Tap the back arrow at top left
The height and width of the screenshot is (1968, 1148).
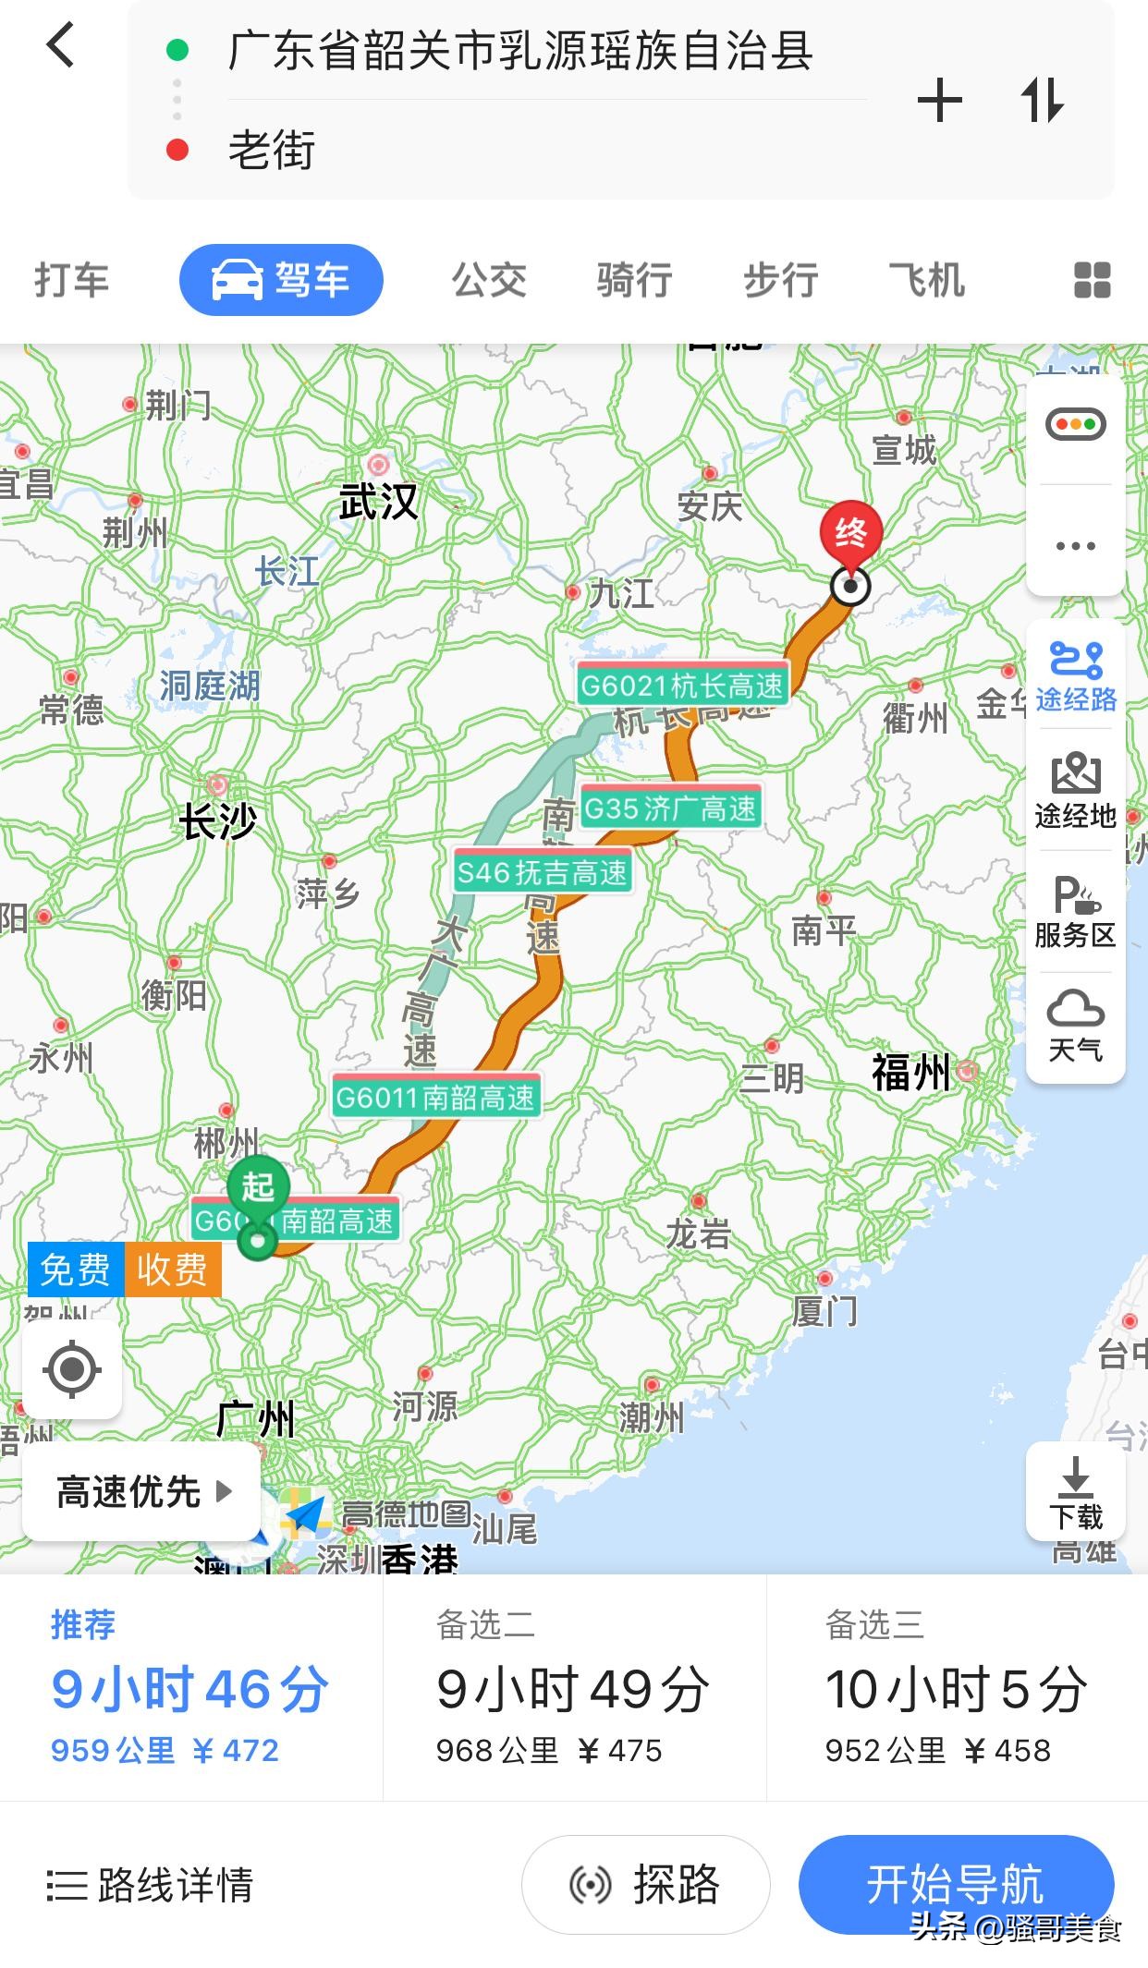(x=61, y=46)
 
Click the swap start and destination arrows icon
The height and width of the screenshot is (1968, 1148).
(x=1043, y=101)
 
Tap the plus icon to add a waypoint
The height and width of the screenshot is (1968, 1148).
(x=940, y=101)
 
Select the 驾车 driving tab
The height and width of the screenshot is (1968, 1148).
(x=281, y=280)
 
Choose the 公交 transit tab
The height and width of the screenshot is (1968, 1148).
(x=489, y=280)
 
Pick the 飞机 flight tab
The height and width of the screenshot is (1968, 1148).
(x=926, y=280)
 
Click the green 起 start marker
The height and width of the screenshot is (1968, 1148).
(x=258, y=1187)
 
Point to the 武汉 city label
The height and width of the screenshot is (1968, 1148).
(x=378, y=502)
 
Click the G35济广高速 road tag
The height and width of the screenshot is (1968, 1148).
(x=670, y=809)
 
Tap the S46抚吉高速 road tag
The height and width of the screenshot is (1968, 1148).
(x=543, y=872)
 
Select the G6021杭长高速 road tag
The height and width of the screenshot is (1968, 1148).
(x=681, y=686)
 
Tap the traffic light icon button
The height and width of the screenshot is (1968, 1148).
(x=1075, y=425)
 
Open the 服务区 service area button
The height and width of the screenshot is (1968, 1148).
(x=1075, y=911)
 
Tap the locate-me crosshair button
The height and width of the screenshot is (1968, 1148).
(x=72, y=1369)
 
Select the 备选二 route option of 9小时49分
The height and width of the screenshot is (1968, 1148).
(x=573, y=1689)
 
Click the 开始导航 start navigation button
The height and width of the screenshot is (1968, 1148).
(x=956, y=1885)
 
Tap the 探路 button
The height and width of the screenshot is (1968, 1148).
(x=645, y=1885)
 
